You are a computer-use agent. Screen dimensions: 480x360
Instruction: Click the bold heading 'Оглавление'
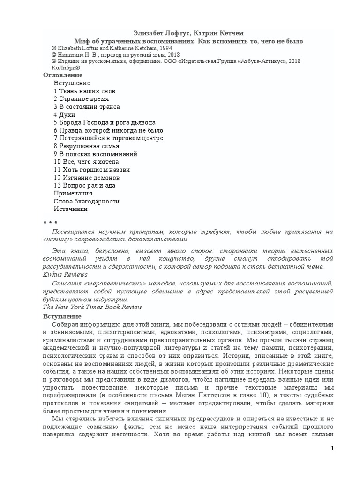click(x=63, y=75)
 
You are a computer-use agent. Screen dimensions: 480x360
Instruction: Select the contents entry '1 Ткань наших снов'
click(x=84, y=91)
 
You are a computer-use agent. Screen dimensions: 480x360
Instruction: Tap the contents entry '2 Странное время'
click(x=81, y=99)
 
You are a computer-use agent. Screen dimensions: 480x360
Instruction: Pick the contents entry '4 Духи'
click(x=64, y=114)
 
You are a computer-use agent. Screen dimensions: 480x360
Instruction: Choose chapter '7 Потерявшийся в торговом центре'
click(x=108, y=138)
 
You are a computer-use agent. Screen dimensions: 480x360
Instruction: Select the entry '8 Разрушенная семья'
click(x=86, y=146)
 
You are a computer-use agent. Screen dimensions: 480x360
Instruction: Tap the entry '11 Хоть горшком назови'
click(x=92, y=170)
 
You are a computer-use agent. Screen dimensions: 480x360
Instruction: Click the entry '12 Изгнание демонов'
click(x=87, y=178)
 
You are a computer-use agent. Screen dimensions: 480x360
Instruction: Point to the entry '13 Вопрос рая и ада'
click(x=84, y=186)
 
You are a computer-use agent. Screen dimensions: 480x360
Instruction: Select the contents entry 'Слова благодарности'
click(x=87, y=201)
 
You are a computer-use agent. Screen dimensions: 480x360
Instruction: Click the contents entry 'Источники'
click(x=71, y=209)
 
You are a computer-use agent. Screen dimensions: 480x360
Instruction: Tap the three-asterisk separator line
click(x=50, y=223)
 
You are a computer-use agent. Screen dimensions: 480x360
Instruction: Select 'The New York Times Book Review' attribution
click(x=92, y=307)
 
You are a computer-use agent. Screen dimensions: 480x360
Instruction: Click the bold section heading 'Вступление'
click(x=62, y=317)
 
